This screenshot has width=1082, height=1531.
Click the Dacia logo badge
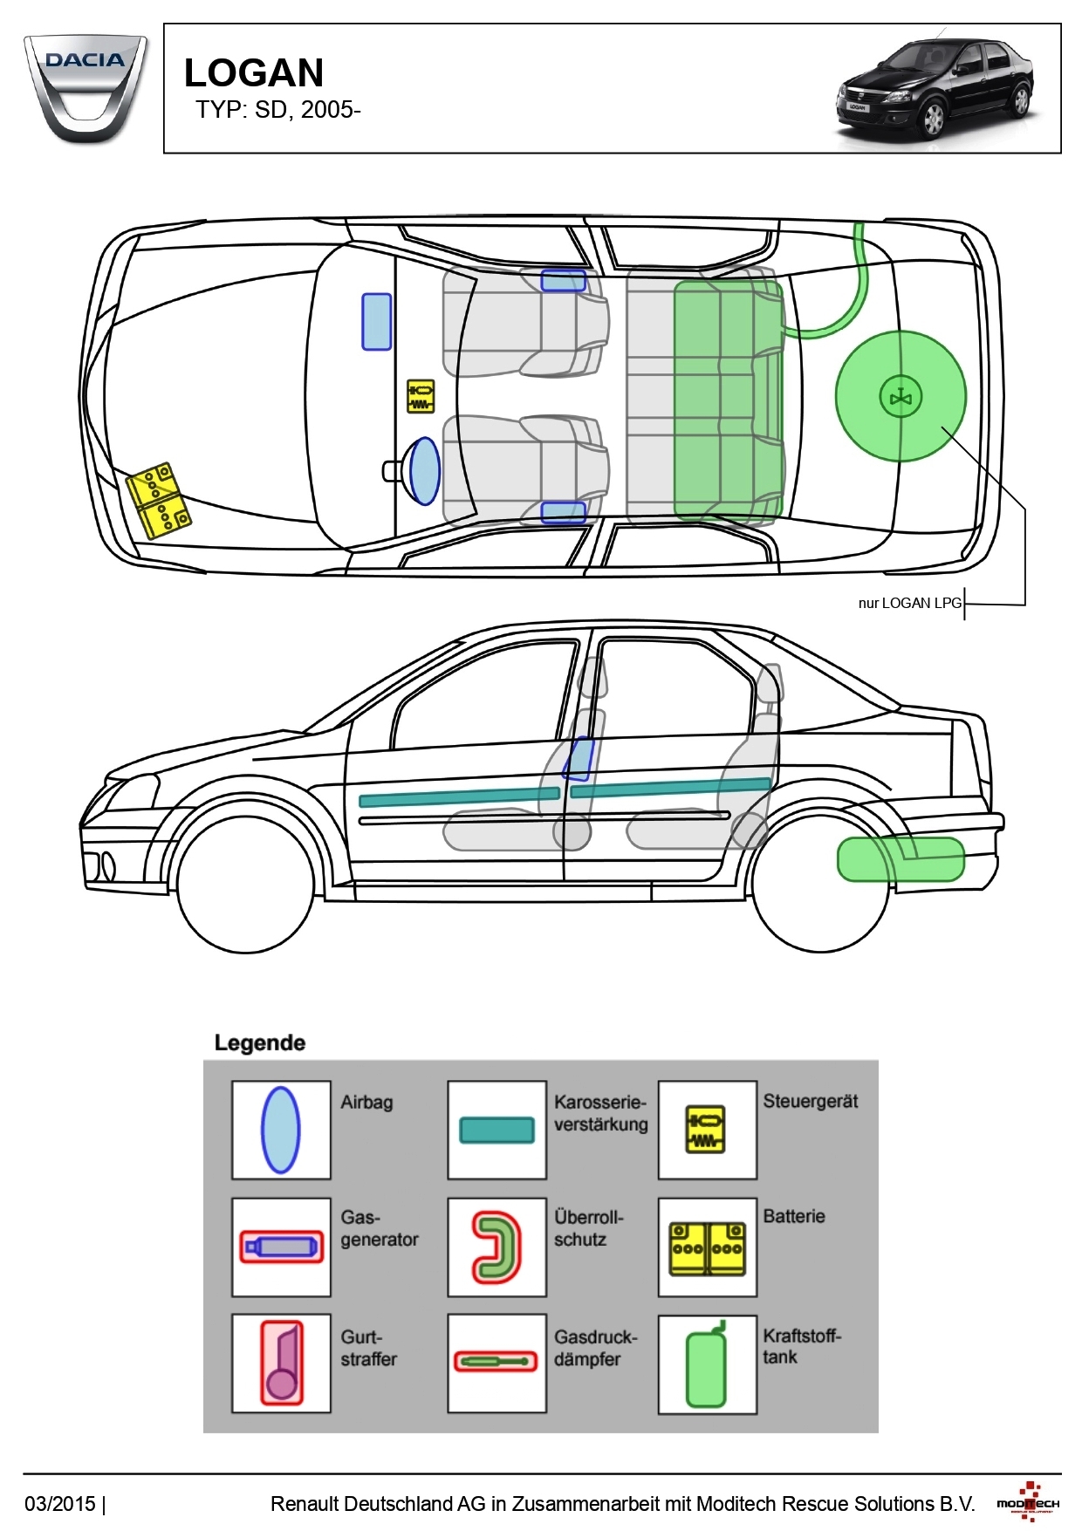click(85, 87)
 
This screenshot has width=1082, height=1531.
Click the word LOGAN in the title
click(254, 73)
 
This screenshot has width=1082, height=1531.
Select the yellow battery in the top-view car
click(158, 500)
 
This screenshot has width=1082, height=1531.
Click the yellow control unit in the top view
click(421, 396)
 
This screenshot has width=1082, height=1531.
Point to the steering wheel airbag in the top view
click(424, 471)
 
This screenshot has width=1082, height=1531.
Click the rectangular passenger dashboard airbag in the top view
click(377, 322)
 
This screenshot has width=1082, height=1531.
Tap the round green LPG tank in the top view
click(901, 396)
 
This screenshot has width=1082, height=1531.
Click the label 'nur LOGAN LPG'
click(909, 603)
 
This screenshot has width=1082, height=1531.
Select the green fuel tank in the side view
click(901, 859)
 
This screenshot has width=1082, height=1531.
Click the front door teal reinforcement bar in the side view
click(459, 796)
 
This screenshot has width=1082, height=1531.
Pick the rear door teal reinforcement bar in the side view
click(670, 788)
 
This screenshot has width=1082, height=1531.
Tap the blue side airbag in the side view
click(579, 758)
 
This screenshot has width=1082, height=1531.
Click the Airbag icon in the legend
click(281, 1130)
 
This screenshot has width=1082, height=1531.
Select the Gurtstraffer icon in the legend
click(281, 1363)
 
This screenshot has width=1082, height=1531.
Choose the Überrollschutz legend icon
click(496, 1247)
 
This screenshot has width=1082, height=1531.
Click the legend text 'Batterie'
click(794, 1216)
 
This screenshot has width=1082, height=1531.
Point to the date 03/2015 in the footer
click(60, 1503)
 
